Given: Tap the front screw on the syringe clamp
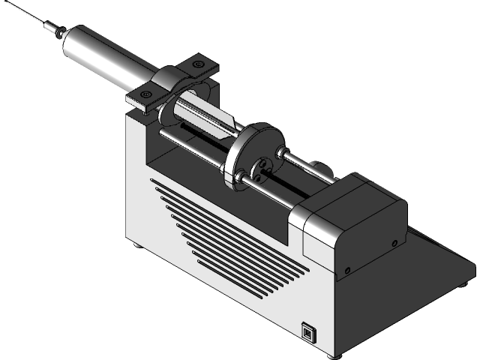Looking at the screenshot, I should coord(145,93).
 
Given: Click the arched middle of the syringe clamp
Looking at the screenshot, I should coord(175,82).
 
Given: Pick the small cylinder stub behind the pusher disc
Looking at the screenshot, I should coord(315,166).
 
